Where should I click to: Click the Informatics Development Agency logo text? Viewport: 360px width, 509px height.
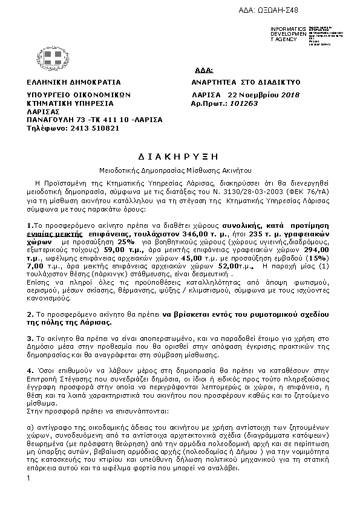[x=284, y=34]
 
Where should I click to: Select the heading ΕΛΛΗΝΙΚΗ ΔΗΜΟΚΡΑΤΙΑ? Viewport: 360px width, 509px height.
[x=74, y=82]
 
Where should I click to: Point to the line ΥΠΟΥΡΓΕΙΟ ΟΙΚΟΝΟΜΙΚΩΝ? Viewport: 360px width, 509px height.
[x=79, y=96]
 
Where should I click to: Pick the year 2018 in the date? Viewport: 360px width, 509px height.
[x=291, y=96]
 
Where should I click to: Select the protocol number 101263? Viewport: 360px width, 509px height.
[x=245, y=103]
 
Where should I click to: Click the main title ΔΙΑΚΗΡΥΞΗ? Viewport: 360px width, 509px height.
[x=180, y=155]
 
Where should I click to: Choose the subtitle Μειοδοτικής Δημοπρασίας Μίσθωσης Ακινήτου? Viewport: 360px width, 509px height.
[x=180, y=170]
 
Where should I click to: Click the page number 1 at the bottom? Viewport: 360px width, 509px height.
[x=28, y=479]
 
